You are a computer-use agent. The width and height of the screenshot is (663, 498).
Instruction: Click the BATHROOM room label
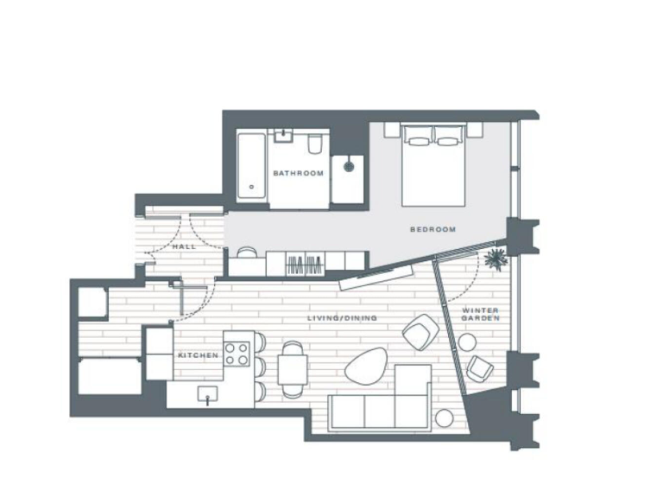298,174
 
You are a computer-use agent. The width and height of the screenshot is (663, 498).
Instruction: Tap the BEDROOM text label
432,229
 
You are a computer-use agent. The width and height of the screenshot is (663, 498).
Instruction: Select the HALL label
184,246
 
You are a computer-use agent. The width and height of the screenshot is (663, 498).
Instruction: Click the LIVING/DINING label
343,319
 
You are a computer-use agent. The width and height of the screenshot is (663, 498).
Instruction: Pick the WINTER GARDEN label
480,315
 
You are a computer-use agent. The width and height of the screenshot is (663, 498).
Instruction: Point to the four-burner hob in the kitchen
237,353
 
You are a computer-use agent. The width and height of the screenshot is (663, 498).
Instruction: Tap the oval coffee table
366,365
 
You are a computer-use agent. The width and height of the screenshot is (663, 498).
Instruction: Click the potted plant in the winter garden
496,258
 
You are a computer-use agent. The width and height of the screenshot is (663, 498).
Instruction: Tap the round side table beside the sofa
444,418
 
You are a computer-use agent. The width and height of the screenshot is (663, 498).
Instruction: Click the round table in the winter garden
469,342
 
